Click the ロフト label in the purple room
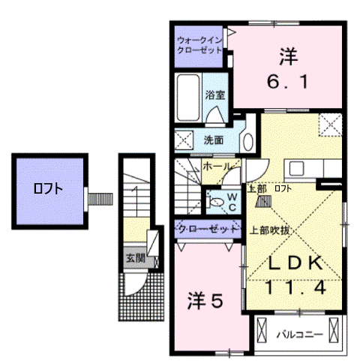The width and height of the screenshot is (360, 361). pos(48,189)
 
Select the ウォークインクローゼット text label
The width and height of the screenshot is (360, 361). pos(199,44)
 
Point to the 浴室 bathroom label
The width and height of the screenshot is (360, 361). pos(216,95)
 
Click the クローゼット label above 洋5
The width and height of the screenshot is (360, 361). pos(203,229)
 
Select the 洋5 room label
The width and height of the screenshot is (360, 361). pos(205,301)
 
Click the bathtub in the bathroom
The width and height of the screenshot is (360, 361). pos(189,98)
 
